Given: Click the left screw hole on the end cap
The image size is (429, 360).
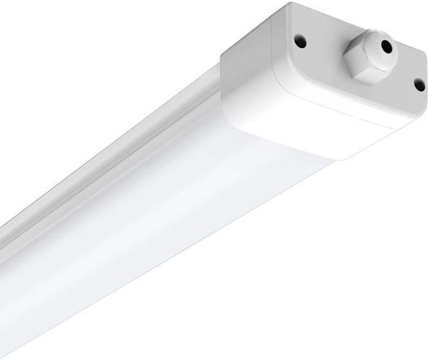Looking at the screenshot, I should coord(300,42).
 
